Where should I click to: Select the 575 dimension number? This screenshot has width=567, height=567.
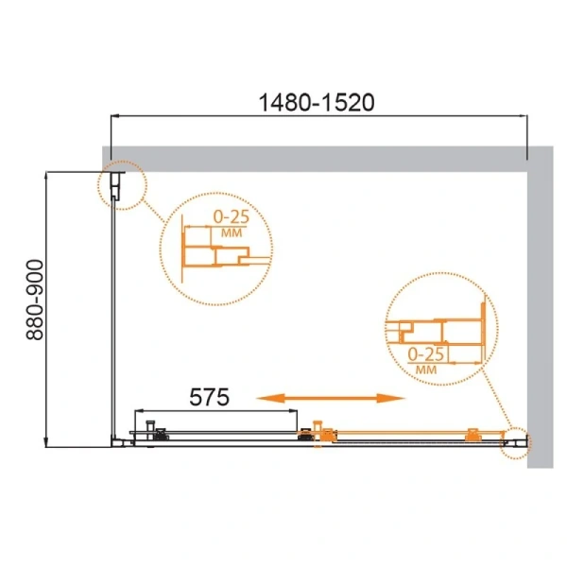205,397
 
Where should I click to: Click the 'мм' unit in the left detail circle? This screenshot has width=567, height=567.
228,232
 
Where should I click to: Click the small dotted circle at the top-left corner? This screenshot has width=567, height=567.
117,184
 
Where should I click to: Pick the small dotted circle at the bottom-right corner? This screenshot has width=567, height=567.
516,439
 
